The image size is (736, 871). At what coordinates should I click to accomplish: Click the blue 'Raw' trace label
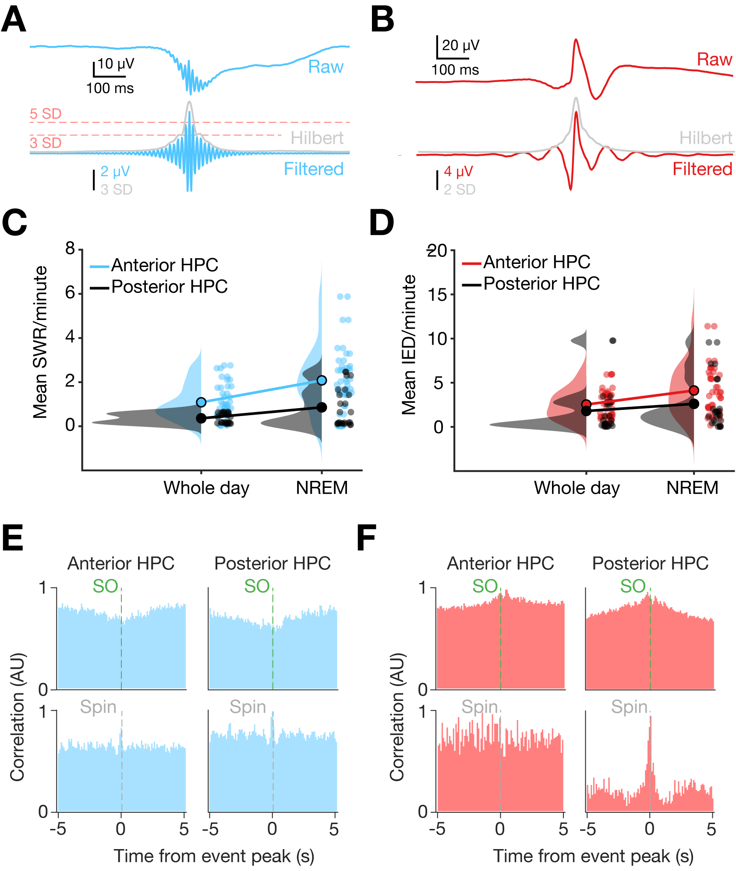[x=326, y=67]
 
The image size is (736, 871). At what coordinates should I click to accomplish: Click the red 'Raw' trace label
[x=714, y=60]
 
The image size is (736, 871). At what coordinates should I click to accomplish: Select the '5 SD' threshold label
[x=45, y=114]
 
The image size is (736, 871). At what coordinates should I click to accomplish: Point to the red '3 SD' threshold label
[x=45, y=143]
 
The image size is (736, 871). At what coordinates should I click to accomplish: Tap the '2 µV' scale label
[x=115, y=171]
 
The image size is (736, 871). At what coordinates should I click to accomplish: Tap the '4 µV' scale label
[x=458, y=171]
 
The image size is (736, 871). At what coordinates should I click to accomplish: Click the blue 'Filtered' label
[x=313, y=169]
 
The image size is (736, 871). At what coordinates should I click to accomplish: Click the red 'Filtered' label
[x=702, y=169]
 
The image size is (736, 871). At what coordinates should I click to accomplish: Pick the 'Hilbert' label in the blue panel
[x=317, y=138]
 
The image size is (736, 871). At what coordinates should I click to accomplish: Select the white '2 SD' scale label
[x=459, y=190]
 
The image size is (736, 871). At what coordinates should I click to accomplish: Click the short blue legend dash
[x=99, y=267]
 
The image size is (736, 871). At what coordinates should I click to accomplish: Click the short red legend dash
[x=471, y=263]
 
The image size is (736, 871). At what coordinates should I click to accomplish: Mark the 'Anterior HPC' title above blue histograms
[x=120, y=564]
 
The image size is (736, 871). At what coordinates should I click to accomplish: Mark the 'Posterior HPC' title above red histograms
[x=650, y=564]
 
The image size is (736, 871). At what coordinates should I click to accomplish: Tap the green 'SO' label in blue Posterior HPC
[x=257, y=586]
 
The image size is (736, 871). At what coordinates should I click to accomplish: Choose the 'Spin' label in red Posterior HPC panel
[x=629, y=707]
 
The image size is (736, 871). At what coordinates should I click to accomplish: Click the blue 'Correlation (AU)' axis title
[x=18, y=717]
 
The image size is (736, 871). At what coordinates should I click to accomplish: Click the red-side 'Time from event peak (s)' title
[x=593, y=856]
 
